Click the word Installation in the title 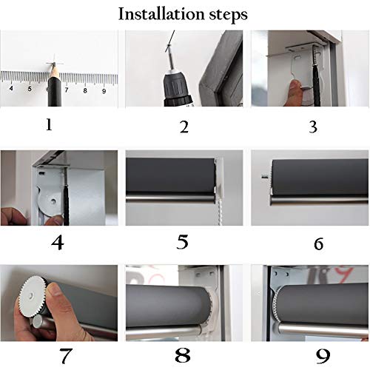click(x=161, y=14)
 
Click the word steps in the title click(x=229, y=16)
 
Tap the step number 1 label click(x=49, y=125)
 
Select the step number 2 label click(x=184, y=127)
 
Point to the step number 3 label click(x=313, y=127)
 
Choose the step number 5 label click(x=183, y=242)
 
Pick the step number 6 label click(x=318, y=244)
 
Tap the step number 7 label click(x=66, y=356)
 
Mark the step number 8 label click(x=183, y=355)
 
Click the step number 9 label click(x=323, y=357)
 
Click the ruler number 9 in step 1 click(x=104, y=91)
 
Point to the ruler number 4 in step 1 click(x=11, y=88)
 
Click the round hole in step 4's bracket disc click(x=53, y=201)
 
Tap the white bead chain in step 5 click(x=218, y=212)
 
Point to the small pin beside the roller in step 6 click(x=265, y=177)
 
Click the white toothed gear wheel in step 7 click(x=33, y=295)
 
